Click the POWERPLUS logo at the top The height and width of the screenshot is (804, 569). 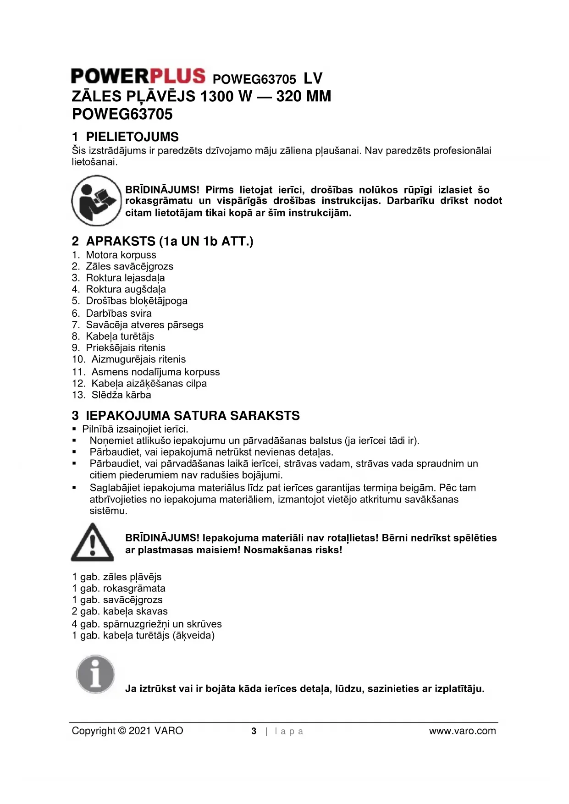coord(138,76)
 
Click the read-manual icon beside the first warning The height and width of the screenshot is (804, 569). coord(96,201)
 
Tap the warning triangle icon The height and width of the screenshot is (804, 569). coord(92,543)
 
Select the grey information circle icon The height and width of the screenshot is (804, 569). coord(95,674)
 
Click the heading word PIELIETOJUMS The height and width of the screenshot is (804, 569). coord(132,137)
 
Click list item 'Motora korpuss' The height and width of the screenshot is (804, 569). coord(121,255)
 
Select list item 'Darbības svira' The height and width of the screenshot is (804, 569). coord(118,313)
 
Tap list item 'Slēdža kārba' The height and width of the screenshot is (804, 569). coord(121,395)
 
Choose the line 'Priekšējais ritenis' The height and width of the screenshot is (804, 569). coord(125,347)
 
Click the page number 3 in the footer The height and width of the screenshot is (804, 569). coord(254,731)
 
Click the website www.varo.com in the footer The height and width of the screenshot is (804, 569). coord(462,731)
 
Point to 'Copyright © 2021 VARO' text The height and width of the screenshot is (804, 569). coord(127,731)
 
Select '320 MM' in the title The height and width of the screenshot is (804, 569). coord(303,97)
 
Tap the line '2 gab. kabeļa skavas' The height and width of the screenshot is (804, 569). coord(120,611)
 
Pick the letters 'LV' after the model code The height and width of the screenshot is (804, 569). coord(313,78)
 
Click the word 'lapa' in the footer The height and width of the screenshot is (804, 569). coord(289,731)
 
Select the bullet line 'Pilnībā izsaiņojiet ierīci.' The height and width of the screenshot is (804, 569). coord(135,429)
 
